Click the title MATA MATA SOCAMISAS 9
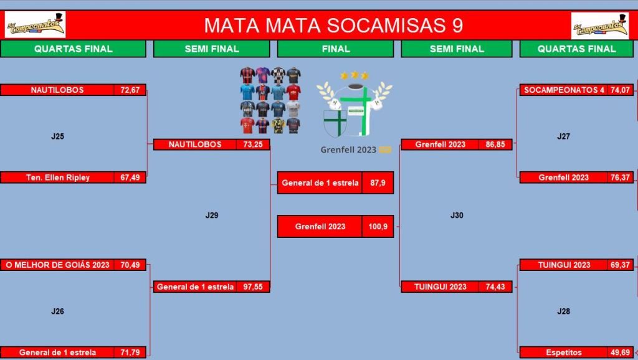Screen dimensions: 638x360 click(333, 25)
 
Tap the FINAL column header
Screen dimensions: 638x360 click(336, 49)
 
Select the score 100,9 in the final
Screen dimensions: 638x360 click(378, 227)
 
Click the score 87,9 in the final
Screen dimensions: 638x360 click(378, 182)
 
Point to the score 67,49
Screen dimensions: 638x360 click(130, 178)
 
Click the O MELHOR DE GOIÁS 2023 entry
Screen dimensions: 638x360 click(58, 265)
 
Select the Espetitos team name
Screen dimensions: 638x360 click(563, 353)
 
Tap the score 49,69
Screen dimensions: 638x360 click(620, 353)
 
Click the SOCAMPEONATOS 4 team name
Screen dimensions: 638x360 click(564, 90)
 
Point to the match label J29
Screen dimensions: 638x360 click(212, 215)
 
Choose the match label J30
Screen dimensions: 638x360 click(457, 215)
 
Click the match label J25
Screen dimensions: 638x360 click(57, 136)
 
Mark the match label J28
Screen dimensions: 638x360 click(563, 311)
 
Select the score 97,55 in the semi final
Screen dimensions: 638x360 click(253, 287)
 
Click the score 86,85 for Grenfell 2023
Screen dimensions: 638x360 click(495, 144)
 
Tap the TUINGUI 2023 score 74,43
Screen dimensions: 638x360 click(495, 287)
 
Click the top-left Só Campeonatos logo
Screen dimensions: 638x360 click(35, 25)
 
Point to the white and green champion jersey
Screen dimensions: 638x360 click(355, 110)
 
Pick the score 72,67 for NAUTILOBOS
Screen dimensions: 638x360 click(130, 90)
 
